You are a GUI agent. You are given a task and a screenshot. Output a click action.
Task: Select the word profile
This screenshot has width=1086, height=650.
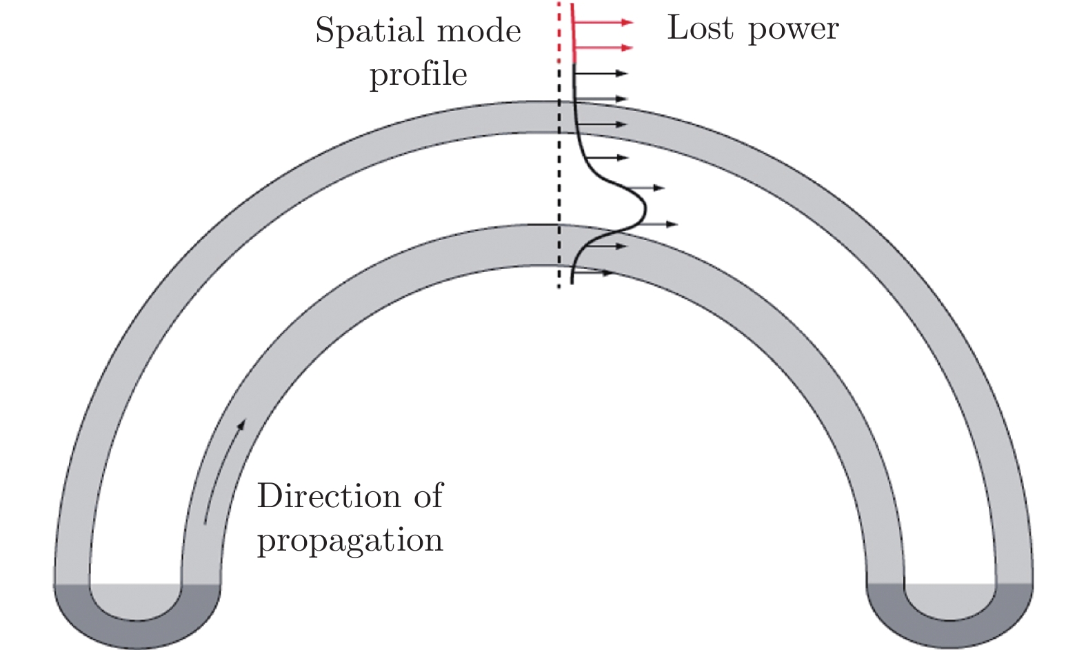tap(418, 75)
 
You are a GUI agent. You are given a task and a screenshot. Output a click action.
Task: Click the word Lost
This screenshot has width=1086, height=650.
tap(699, 28)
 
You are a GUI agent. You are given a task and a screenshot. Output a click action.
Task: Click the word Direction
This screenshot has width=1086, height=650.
tap(329, 496)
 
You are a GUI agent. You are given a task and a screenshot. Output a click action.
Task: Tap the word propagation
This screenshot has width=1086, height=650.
tap(350, 540)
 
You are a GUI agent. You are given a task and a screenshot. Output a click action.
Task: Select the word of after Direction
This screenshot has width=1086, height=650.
tap(428, 496)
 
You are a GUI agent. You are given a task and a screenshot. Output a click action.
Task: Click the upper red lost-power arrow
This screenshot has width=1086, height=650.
tap(603, 23)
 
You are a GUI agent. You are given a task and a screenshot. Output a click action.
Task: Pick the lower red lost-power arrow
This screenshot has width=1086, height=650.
tap(603, 48)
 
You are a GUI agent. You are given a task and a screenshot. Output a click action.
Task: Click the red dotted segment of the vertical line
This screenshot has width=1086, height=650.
tap(559, 31)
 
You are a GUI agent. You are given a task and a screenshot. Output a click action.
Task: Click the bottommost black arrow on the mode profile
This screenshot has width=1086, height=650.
tap(593, 274)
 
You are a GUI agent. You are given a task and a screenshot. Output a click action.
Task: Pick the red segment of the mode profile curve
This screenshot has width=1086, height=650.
tap(573, 35)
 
